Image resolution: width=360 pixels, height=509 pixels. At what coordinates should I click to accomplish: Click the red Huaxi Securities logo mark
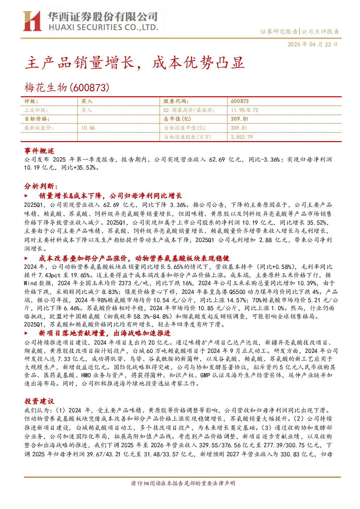tap(32, 21)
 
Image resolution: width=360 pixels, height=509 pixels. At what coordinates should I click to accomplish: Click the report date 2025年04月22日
tap(313, 44)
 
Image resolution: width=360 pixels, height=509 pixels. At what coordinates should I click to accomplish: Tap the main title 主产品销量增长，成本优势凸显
tap(135, 63)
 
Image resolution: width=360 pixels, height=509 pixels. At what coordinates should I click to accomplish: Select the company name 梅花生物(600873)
tap(67, 88)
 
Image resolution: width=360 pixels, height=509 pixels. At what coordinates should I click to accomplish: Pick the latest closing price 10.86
tap(88, 128)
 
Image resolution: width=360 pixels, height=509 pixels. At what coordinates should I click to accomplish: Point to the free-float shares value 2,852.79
tap(242, 137)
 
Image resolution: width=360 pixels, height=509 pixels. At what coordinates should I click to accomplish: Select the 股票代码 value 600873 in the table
tap(240, 102)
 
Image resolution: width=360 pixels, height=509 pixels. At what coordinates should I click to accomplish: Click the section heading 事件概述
tap(39, 151)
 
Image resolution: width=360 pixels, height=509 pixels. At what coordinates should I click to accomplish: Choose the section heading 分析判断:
tap(41, 186)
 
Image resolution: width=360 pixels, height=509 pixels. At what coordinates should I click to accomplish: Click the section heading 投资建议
tap(39, 401)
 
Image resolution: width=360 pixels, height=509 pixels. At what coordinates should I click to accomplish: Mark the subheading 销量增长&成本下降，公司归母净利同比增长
tap(110, 196)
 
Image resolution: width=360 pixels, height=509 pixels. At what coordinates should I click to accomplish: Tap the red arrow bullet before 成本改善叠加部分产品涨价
tap(26, 258)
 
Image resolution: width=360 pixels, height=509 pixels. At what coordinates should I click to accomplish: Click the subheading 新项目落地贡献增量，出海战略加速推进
tap(104, 333)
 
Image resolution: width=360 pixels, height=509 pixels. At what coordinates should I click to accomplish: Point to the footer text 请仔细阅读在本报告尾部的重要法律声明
tap(183, 483)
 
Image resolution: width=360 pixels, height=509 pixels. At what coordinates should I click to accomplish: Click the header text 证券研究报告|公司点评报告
tap(299, 32)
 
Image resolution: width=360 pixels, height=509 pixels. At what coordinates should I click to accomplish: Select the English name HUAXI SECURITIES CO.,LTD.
tap(103, 27)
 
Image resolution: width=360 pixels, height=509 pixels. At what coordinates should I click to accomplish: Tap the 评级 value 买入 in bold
tap(87, 102)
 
